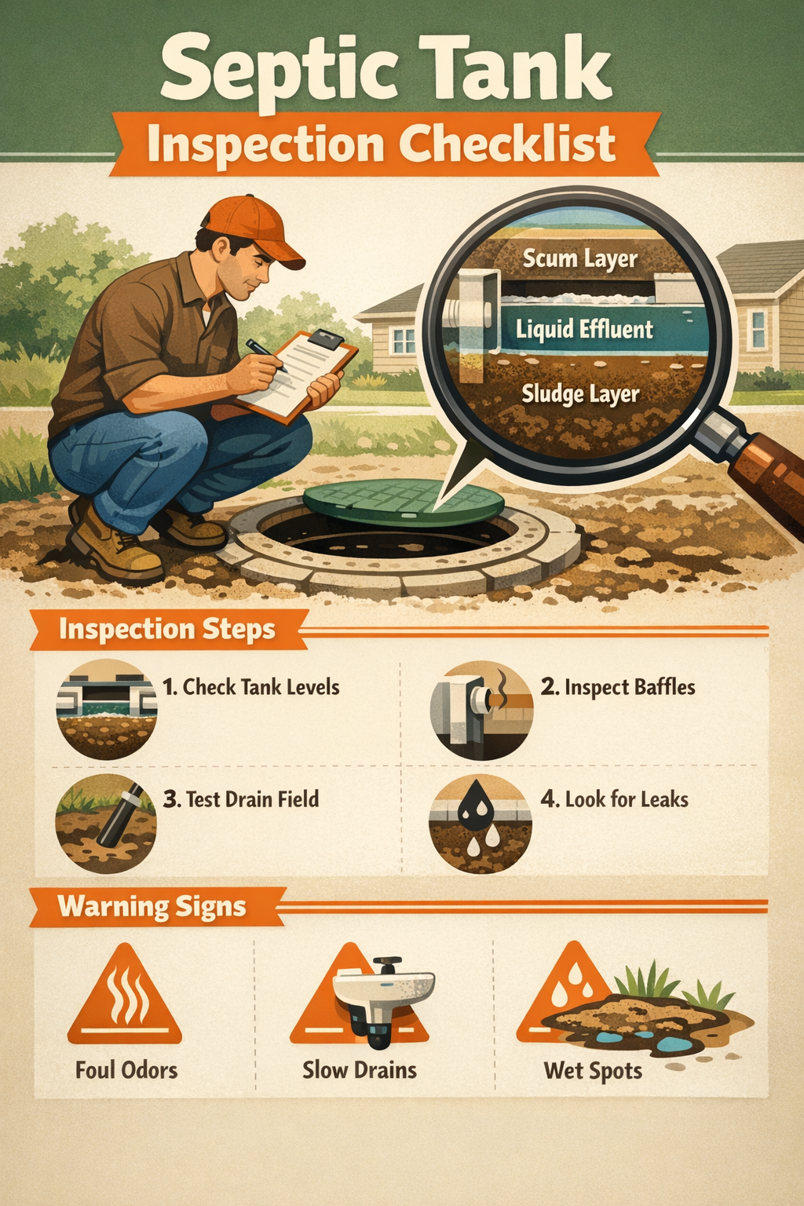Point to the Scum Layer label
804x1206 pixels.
tap(579, 258)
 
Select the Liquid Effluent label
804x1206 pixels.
tap(584, 328)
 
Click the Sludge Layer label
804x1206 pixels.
tap(580, 393)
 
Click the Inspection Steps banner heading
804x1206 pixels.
tap(166, 629)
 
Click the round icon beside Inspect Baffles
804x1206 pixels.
tap(481, 710)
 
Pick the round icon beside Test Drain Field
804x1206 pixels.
tap(106, 823)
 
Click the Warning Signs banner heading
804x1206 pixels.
tap(152, 907)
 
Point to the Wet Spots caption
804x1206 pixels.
tap(593, 1070)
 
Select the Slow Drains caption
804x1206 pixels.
tap(360, 1069)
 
